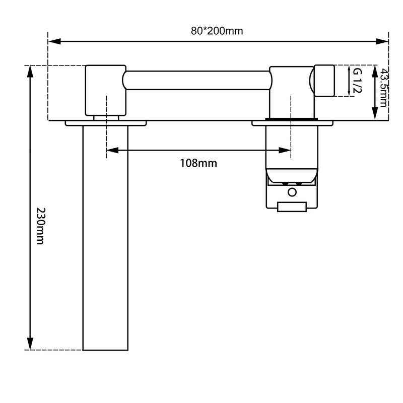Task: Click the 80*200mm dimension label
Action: click(x=217, y=31)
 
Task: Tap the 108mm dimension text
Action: click(x=198, y=163)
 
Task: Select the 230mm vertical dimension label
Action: click(x=40, y=226)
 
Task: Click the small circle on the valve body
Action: click(x=292, y=191)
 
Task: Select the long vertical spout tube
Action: click(x=105, y=237)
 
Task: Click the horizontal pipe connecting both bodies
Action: click(x=196, y=80)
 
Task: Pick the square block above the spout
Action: click(x=105, y=90)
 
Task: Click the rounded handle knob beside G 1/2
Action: click(x=324, y=81)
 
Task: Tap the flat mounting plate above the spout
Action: click(x=105, y=122)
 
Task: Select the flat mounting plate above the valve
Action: click(x=292, y=122)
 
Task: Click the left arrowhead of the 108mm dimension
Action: click(x=111, y=150)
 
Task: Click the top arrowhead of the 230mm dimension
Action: click(x=30, y=71)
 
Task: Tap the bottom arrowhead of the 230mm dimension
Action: click(x=30, y=345)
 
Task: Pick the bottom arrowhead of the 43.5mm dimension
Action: click(x=374, y=115)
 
